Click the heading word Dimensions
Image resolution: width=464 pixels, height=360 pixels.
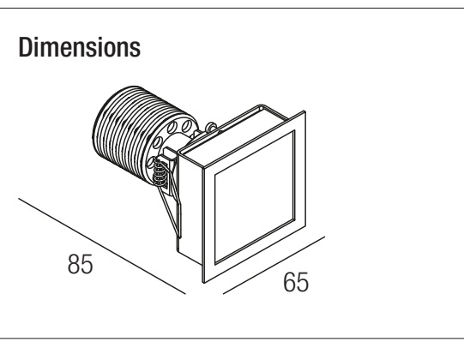pos(79,47)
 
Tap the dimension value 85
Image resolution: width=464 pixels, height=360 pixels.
pos(81,264)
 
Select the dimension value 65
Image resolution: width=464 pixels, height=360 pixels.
pos(296,282)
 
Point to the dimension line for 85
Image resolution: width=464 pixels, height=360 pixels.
pos(102,246)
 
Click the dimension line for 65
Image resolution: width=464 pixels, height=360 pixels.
pos(274,266)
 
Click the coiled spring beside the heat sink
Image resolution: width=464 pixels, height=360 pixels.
pos(160,174)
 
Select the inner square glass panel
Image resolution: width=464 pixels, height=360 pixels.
pos(255,197)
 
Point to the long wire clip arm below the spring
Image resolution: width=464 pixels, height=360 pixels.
pos(170,212)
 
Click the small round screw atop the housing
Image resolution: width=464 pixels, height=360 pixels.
pos(211,127)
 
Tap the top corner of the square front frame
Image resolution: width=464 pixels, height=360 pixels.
pos(304,111)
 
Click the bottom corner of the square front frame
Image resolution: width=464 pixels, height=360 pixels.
pos(204,282)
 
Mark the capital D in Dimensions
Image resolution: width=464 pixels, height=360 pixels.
pos(25,47)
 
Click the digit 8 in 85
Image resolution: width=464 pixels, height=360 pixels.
pos(74,264)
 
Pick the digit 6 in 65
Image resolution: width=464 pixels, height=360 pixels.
pos(289,282)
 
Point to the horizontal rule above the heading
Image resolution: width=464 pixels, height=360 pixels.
pos(232,9)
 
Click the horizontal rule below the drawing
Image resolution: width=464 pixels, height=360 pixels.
pos(232,338)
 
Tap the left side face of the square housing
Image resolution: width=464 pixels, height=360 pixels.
pos(190,207)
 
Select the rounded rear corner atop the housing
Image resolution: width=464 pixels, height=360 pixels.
pos(261,106)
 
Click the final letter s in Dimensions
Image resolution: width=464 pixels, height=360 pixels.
pos(136,50)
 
